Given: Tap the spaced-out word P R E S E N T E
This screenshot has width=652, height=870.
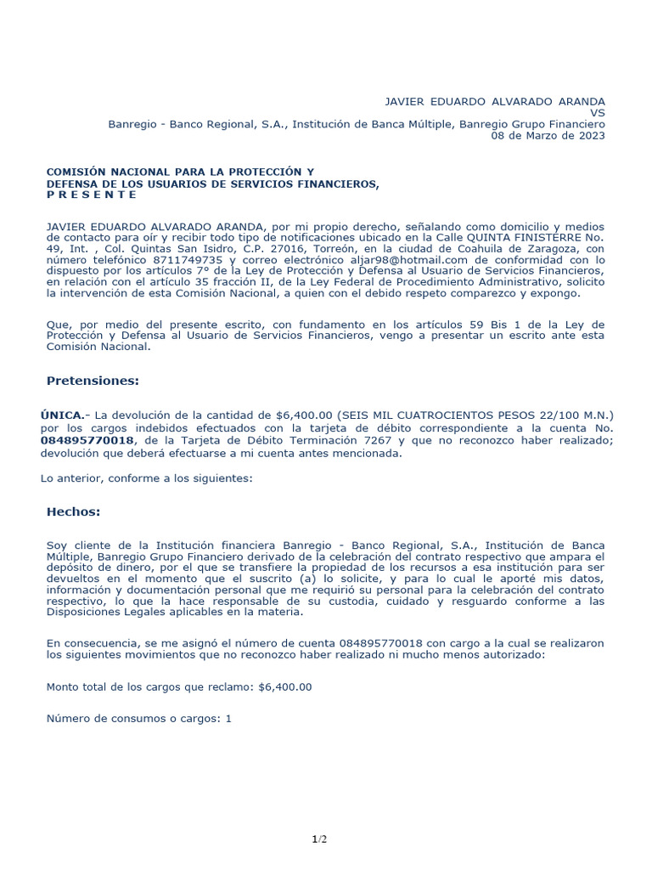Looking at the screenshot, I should (92, 195).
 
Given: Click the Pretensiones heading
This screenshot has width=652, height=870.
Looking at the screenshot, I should (93, 381).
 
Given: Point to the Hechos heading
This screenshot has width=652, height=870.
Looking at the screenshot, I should (73, 511).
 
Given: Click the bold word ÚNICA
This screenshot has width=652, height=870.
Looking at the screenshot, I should (62, 415).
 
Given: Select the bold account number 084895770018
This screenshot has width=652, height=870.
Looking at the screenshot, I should (87, 440).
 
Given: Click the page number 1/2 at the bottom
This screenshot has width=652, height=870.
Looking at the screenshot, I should (318, 840).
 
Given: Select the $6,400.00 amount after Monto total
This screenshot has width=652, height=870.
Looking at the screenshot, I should (284, 686).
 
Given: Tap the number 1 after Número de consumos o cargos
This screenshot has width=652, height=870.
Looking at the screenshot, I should (228, 719).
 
